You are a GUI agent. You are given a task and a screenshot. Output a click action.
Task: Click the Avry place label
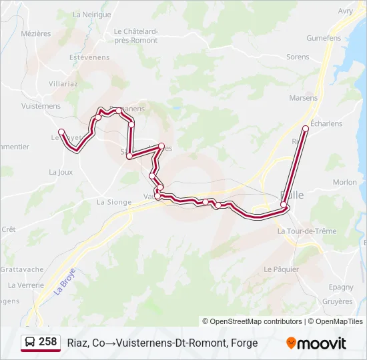[345, 11]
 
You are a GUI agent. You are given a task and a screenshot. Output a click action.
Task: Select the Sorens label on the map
[298, 57]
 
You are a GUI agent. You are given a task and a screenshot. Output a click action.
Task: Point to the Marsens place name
[303, 98]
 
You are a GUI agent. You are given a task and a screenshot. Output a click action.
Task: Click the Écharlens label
[326, 123]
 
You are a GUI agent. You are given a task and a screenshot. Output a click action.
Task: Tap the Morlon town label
[344, 182]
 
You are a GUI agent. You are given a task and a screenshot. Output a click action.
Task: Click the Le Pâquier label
[281, 269]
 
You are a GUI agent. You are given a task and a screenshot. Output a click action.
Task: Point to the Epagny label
[341, 287]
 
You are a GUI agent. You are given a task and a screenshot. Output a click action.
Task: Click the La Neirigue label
[91, 14]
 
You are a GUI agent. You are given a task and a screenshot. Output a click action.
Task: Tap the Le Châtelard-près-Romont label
[135, 35]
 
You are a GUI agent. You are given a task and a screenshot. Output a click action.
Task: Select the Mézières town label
[35, 33]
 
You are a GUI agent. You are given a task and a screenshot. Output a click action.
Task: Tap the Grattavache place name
[21, 270]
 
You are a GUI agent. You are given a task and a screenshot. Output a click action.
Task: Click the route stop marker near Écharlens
[306, 128]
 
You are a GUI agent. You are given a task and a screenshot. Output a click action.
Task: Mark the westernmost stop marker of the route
[61, 131]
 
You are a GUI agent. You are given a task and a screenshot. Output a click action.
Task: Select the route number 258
[48, 342]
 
